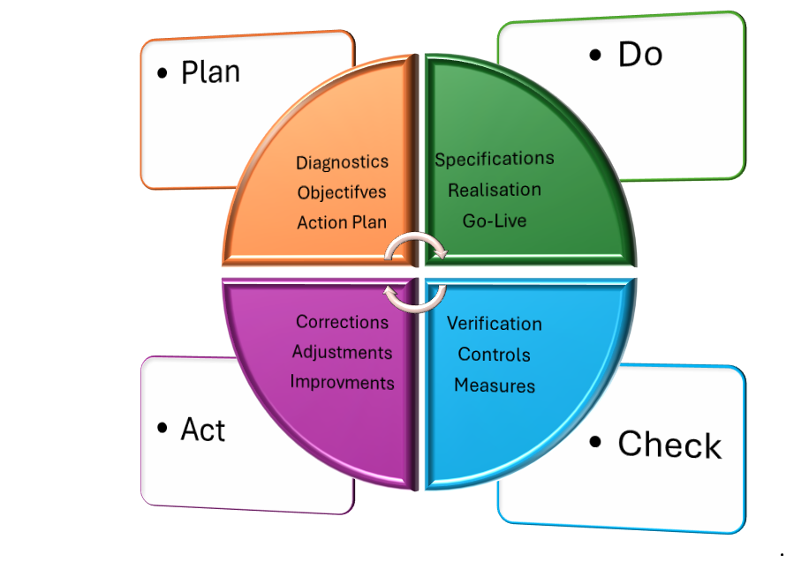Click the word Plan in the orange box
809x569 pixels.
[x=210, y=71]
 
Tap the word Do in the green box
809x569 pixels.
[x=640, y=55]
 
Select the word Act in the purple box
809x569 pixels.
[x=203, y=430]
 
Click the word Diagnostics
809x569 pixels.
[x=342, y=162]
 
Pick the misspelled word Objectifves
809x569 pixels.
[x=342, y=192]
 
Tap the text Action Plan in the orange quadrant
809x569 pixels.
[x=342, y=222]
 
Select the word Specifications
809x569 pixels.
[x=495, y=159]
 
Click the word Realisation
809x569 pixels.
[x=495, y=190]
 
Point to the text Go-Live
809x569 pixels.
[x=495, y=221]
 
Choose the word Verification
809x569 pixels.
[x=495, y=324]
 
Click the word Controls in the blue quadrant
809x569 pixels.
[x=495, y=355]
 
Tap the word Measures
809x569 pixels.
[x=495, y=386]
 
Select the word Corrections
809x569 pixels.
[x=342, y=322]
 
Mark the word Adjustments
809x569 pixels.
[x=342, y=352]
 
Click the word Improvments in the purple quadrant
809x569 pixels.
[x=342, y=383]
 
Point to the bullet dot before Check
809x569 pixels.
[x=598, y=442]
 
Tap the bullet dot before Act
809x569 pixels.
[x=162, y=429]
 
